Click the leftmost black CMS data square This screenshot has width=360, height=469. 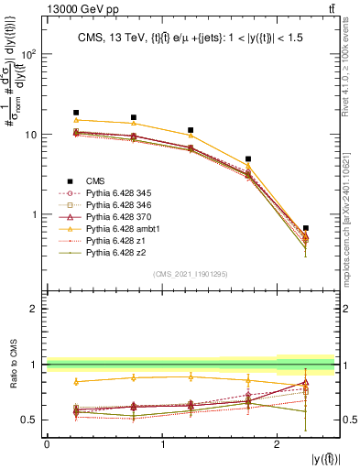[x=76, y=113]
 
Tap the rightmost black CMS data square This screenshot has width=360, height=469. [x=306, y=228]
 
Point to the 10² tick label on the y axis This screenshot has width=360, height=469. [x=29, y=53]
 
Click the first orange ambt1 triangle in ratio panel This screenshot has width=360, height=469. [x=76, y=381]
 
